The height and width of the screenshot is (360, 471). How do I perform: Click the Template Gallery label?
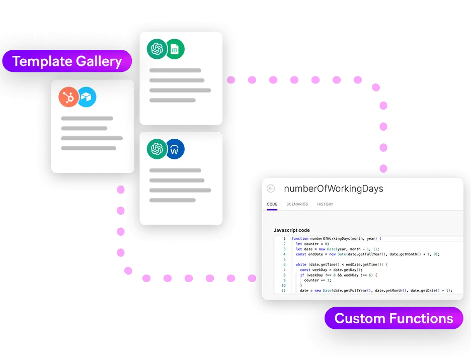click(67, 61)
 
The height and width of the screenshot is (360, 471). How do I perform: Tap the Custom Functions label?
click(394, 318)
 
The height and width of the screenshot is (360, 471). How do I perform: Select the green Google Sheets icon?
click(175, 49)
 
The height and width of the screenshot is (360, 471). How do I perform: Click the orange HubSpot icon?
click(68, 97)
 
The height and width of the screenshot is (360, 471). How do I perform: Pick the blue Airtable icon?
click(87, 97)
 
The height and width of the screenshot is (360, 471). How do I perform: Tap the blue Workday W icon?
click(175, 149)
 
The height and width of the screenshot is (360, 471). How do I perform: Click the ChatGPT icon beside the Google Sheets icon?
click(156, 49)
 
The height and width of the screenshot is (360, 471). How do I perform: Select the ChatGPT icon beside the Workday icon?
click(156, 149)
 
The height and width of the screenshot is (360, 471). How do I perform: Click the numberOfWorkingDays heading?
click(333, 189)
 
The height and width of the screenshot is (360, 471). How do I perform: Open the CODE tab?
click(272, 204)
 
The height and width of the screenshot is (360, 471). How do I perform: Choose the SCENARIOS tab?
click(297, 204)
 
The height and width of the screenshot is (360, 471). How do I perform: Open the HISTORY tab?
click(325, 204)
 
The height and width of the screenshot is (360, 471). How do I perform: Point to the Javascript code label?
click(291, 230)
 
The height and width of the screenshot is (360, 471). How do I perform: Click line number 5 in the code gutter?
click(284, 259)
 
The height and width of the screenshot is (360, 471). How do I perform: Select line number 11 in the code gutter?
click(283, 291)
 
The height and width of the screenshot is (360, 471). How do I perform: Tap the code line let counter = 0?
click(312, 244)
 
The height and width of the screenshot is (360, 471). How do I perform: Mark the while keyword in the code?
click(301, 264)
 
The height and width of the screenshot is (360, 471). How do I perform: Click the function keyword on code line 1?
click(300, 238)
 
